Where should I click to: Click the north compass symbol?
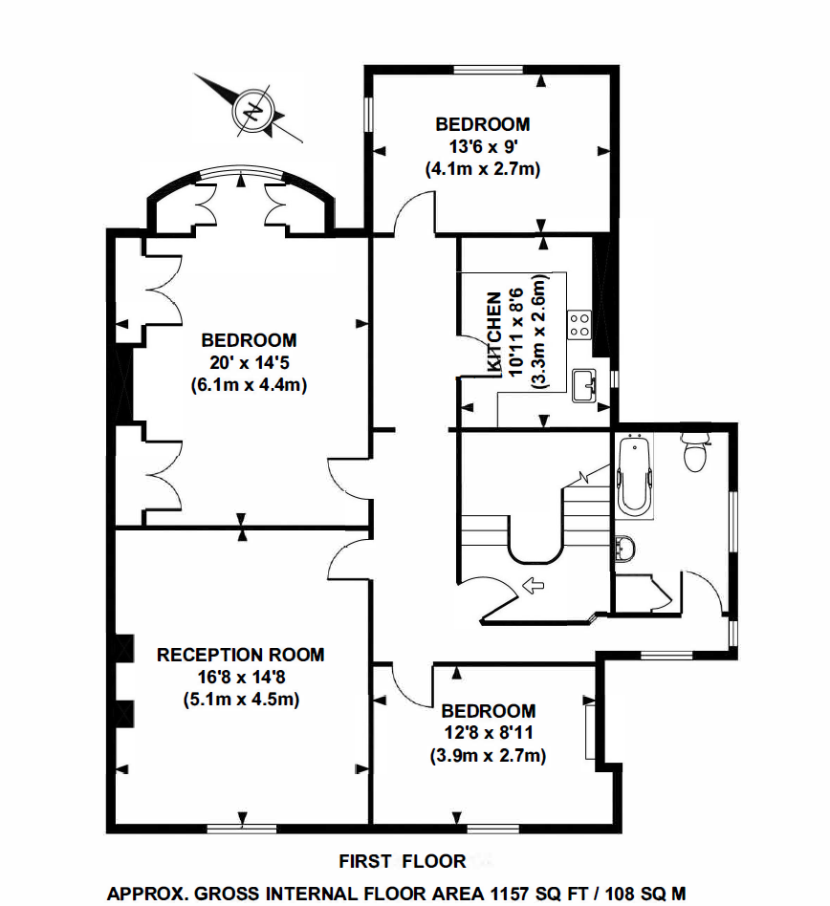tap(252, 109)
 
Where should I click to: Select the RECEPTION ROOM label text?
tap(241, 655)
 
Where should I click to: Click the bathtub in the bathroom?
tap(633, 475)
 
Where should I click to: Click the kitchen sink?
tap(583, 385)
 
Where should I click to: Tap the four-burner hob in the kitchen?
tap(579, 323)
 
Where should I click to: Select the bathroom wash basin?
tap(626, 549)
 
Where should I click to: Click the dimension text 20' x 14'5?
tap(249, 363)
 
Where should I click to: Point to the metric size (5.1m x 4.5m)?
tap(241, 700)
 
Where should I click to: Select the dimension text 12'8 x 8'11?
tap(488, 734)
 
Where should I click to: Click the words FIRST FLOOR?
tap(403, 861)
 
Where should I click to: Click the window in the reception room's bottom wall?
tap(236, 824)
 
